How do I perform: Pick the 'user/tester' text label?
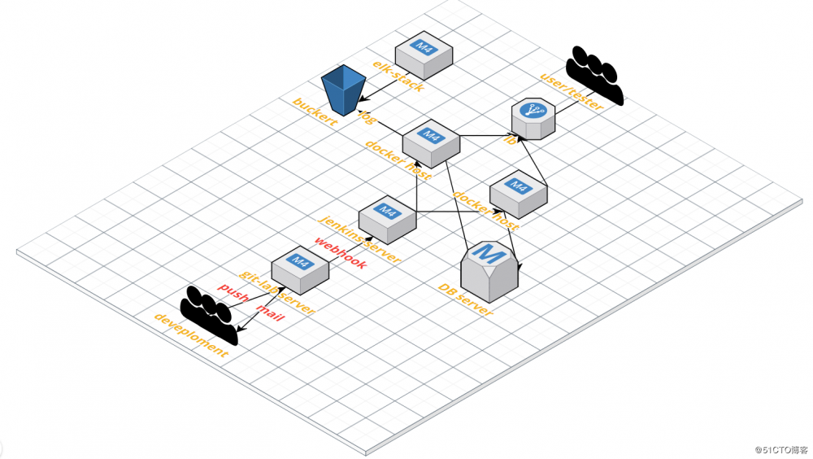point(572,93)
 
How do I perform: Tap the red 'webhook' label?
point(340,253)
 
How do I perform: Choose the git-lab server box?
point(300,268)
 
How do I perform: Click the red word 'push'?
point(233,294)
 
